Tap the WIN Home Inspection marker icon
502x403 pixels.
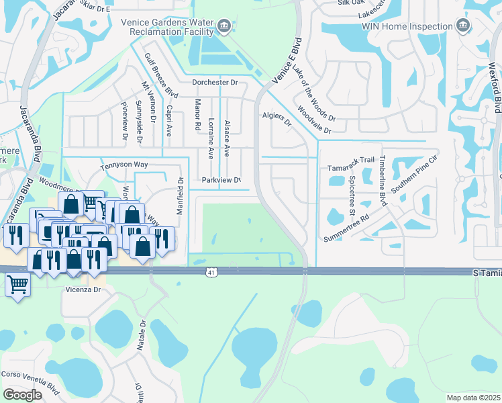pyautogui.click(x=462, y=26)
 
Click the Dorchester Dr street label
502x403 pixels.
pyautogui.click(x=215, y=83)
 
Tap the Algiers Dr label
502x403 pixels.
pyautogui.click(x=277, y=118)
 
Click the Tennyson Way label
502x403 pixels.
pyautogui.click(x=123, y=165)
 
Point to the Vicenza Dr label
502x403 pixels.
pyautogui.click(x=83, y=289)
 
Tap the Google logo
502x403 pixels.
pyautogui.click(x=22, y=394)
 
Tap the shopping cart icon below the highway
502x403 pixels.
pyautogui.click(x=17, y=285)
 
